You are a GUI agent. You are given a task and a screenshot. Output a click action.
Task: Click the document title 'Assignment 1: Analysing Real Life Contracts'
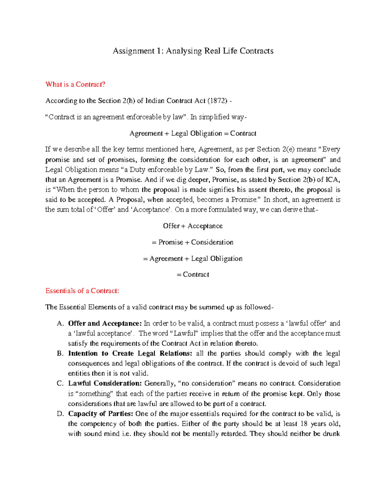[193, 51]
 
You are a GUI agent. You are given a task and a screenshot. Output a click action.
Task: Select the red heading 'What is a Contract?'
[75, 85]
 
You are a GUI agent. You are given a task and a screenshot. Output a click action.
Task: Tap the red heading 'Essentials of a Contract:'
[82, 291]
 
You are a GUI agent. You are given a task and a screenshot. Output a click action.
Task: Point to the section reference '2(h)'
[129, 101]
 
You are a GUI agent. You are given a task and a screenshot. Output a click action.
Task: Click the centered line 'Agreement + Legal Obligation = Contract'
[193, 133]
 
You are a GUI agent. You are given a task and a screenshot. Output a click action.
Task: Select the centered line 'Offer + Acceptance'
[193, 226]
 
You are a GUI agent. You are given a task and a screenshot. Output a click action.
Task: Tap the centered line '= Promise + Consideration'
[193, 242]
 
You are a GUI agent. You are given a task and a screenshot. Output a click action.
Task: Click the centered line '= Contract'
[193, 274]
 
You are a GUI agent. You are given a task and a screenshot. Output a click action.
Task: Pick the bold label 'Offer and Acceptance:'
[105, 323]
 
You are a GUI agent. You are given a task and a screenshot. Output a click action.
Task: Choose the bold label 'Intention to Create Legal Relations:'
[130, 353]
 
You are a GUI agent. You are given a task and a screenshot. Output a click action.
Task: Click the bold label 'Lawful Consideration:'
[105, 383]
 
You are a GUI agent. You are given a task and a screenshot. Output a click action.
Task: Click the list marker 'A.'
[60, 324]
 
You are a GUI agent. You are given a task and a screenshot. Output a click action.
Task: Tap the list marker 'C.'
[60, 384]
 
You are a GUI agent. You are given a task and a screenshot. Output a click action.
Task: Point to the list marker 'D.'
[60, 414]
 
